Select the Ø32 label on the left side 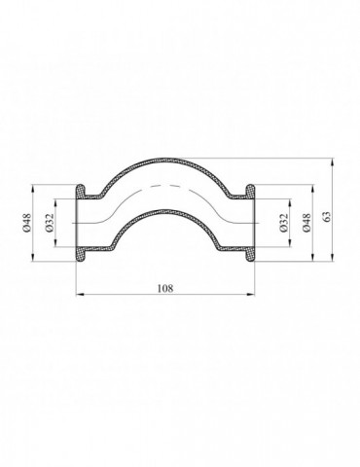click(52, 224)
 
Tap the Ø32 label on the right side click(283, 224)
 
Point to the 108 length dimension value click(165, 289)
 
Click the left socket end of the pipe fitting click(82, 223)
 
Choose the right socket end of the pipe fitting click(250, 223)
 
